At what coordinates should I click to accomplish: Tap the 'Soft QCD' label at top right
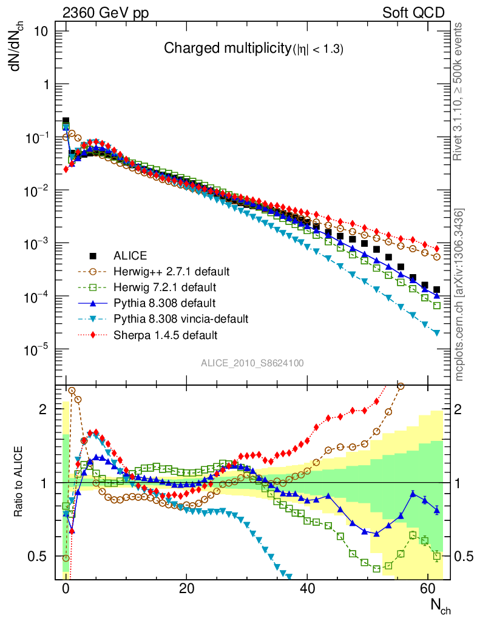(x=413, y=13)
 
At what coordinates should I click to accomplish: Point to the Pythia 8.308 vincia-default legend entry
(x=177, y=318)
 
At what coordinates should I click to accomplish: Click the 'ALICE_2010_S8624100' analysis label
(x=252, y=363)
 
